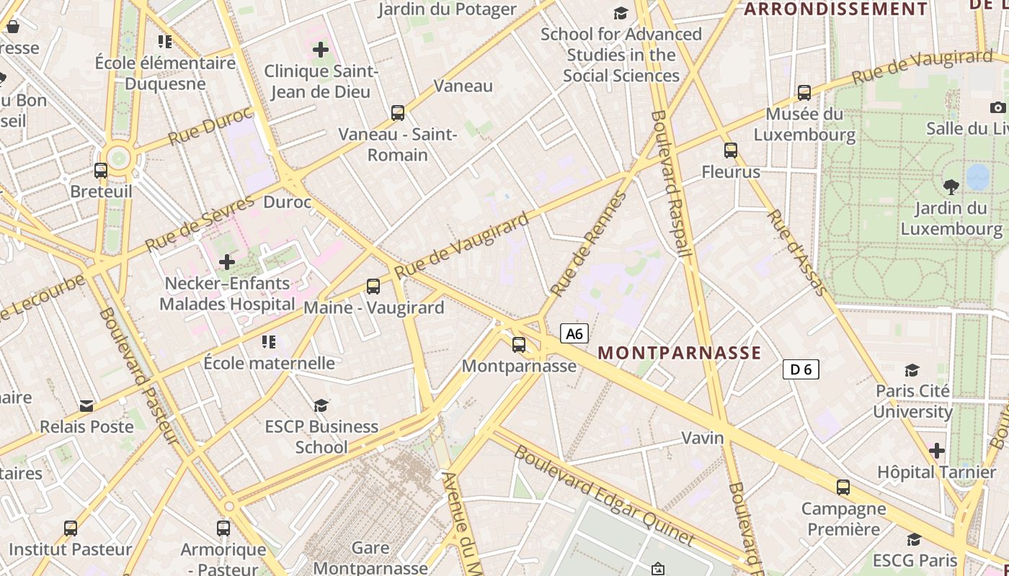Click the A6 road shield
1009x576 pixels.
click(x=574, y=333)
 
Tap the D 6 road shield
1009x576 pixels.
click(x=801, y=369)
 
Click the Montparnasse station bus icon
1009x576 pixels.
click(x=519, y=345)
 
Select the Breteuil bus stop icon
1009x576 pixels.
click(x=101, y=171)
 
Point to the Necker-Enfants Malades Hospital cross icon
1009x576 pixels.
click(x=227, y=262)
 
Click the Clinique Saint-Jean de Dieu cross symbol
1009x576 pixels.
click(x=321, y=50)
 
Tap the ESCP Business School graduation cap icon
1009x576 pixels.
click(x=321, y=406)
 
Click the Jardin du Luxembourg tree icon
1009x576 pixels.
click(x=951, y=187)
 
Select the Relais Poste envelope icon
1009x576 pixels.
click(x=86, y=406)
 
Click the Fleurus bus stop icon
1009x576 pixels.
click(x=731, y=150)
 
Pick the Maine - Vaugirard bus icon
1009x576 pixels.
click(x=373, y=287)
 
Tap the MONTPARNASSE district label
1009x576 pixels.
click(x=680, y=352)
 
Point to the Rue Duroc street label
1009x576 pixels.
click(x=210, y=126)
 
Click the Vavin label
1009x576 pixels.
click(x=703, y=438)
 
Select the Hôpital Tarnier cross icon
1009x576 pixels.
click(x=937, y=451)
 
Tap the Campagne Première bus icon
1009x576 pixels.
click(x=843, y=487)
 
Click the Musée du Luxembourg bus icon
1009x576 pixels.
click(x=804, y=93)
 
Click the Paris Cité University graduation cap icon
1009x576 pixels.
click(x=912, y=370)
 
